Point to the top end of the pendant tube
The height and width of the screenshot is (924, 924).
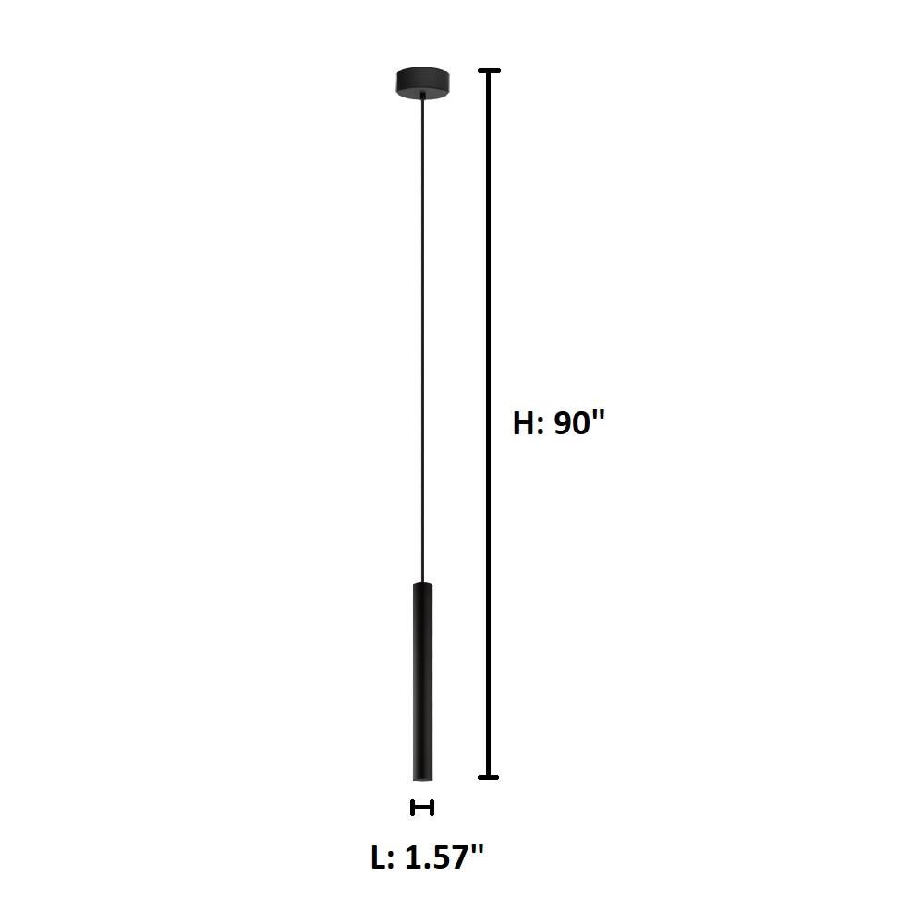tap(422, 585)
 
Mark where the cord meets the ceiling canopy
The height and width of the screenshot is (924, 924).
tap(423, 97)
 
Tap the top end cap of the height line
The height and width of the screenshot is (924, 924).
tap(489, 71)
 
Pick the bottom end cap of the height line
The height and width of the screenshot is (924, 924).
tap(489, 777)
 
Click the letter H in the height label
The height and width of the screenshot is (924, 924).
tap(526, 423)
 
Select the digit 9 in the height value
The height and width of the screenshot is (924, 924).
tap(564, 423)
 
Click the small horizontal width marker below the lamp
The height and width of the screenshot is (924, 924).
tap(422, 808)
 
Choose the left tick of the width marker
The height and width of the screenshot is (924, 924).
tap(412, 808)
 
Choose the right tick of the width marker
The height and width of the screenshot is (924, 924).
tap(432, 808)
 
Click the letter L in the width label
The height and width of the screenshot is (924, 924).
tap(379, 857)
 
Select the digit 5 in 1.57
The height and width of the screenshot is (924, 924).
tap(444, 857)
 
